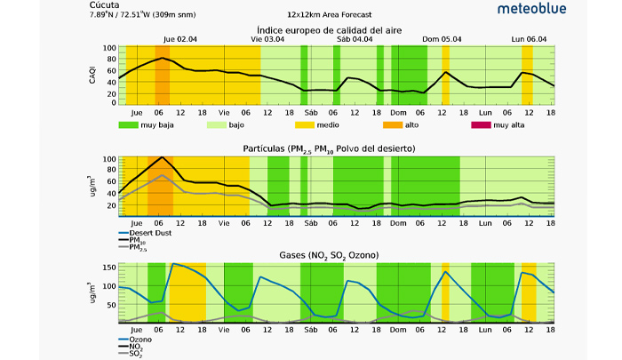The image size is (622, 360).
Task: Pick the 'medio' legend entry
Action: [315, 125]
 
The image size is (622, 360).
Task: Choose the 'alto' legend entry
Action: [403, 125]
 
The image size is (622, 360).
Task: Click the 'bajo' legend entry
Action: [227, 125]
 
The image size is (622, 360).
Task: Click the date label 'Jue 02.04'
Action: [180, 39]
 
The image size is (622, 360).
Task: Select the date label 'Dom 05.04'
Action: [442, 39]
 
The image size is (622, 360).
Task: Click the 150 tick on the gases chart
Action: [108, 267]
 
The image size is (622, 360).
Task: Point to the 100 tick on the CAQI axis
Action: [108, 48]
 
